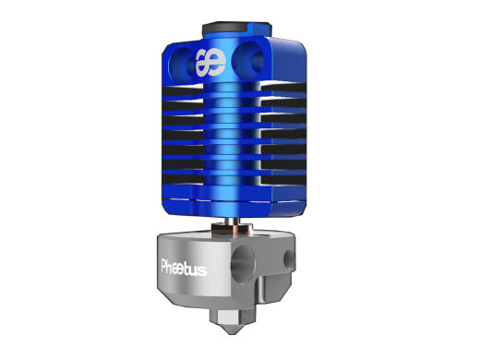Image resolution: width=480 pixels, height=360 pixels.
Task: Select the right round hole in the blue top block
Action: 248,62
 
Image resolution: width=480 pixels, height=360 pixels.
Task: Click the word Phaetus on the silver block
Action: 184,270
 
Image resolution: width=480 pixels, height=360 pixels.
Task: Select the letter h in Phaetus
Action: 173,270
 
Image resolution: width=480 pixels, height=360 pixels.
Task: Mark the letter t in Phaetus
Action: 190,270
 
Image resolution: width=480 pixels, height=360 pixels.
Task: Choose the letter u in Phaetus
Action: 196,270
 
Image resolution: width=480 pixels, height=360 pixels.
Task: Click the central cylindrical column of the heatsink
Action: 235,138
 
